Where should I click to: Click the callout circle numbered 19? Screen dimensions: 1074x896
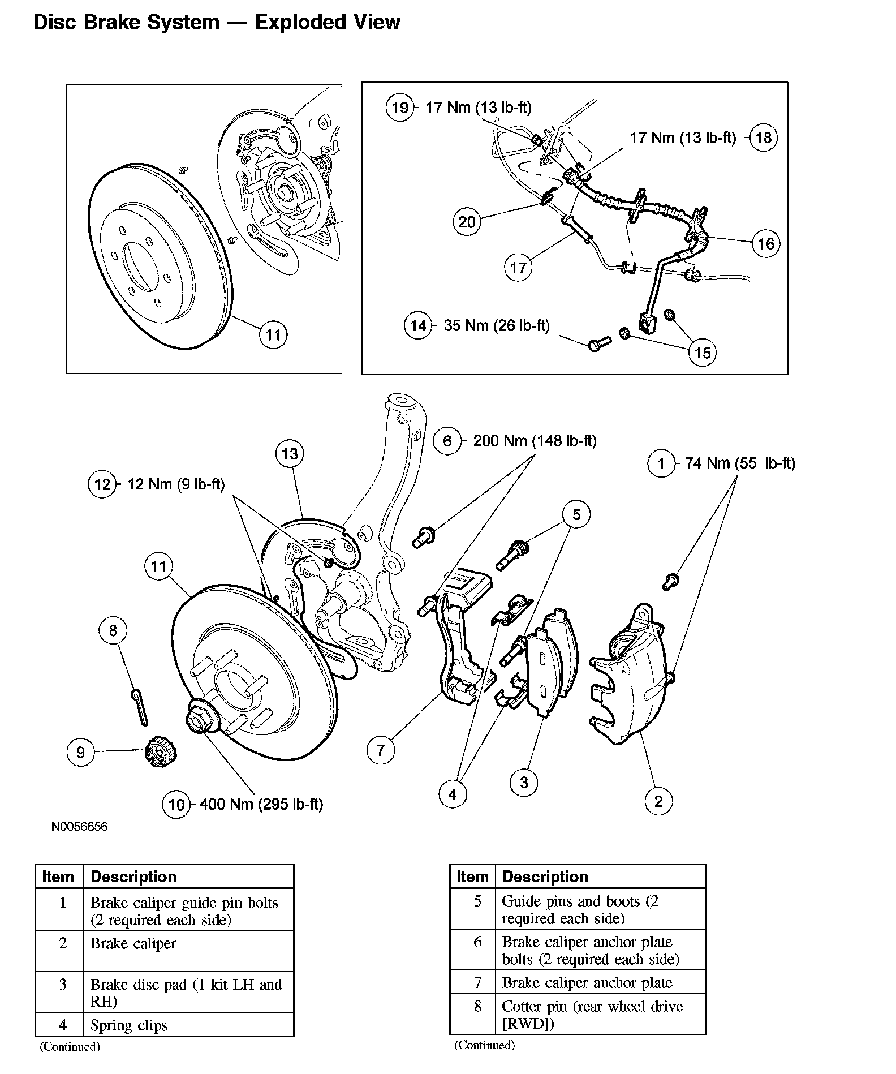pos(400,107)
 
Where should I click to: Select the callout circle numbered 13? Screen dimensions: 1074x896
pos(290,453)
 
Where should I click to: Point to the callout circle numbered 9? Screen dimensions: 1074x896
pos(80,752)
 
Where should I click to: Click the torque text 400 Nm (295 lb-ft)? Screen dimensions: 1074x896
pos(261,804)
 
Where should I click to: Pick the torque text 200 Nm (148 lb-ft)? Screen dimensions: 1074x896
pos(535,441)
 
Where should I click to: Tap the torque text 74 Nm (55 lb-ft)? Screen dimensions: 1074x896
pos(740,463)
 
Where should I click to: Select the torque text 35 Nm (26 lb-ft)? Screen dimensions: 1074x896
pos(497,325)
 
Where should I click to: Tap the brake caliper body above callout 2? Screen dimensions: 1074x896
pos(634,673)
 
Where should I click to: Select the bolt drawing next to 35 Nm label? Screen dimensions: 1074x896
pos(598,343)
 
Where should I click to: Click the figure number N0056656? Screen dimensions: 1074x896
pos(79,827)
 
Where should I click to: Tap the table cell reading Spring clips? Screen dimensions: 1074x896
pos(129,1025)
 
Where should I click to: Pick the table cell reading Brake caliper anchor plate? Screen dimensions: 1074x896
pos(587,982)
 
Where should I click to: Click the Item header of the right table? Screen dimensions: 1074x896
pos(472,877)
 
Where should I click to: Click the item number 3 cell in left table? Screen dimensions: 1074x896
pos(63,985)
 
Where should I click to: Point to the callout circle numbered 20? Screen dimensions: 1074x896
pos(467,221)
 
